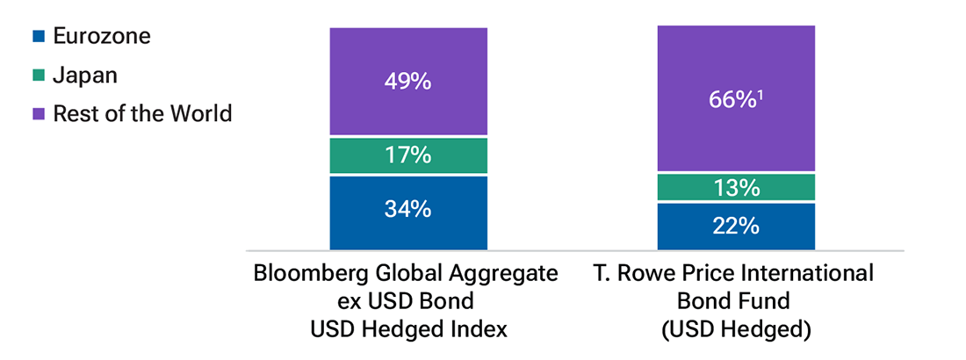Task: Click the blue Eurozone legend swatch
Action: point(37,37)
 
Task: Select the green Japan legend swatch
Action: point(37,76)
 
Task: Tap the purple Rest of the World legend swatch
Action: point(37,114)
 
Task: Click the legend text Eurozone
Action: point(102,37)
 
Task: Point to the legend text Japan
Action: point(85,76)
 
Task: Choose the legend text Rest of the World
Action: point(142,114)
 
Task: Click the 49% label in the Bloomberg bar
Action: point(407,82)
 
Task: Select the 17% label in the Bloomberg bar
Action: point(407,155)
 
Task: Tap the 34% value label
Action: point(407,209)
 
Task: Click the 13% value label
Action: point(736,188)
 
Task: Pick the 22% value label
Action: point(736,227)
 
